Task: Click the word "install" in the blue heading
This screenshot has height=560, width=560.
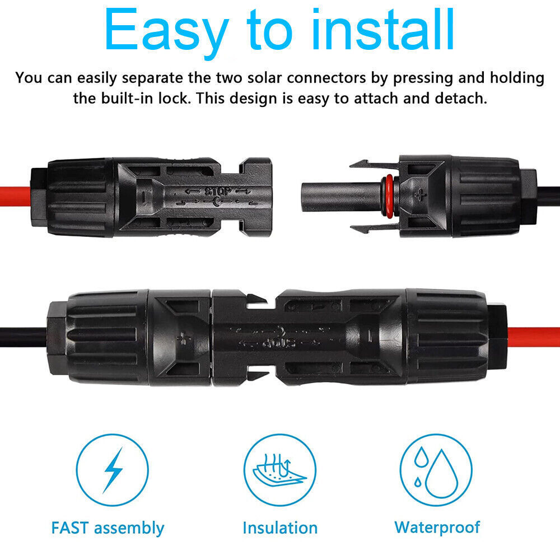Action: coord(370,31)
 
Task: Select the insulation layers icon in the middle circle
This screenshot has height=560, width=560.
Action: coord(280,469)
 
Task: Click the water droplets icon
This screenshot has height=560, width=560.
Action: coord(436,469)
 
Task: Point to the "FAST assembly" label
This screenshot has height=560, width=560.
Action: coord(108,528)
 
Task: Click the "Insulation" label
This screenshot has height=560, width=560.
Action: coord(280,528)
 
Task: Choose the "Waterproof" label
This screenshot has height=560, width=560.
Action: coord(437,527)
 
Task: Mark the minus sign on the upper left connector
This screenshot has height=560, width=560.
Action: coord(144,197)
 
